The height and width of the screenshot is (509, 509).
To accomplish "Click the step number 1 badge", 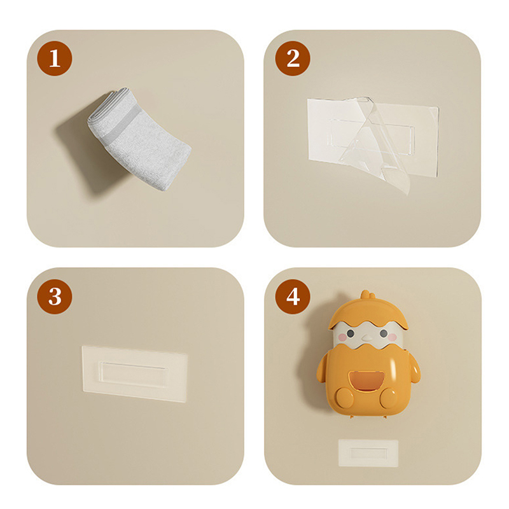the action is (x=55, y=59).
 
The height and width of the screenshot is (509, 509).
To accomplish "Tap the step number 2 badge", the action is (x=293, y=59).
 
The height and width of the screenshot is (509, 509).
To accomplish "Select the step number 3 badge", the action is (x=55, y=296).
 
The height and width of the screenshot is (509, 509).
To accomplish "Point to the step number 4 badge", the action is (x=293, y=296).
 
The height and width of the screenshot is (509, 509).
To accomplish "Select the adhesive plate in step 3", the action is (x=134, y=374).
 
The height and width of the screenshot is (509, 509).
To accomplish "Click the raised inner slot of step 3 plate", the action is (x=134, y=374).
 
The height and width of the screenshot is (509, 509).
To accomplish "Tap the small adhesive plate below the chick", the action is (x=368, y=453).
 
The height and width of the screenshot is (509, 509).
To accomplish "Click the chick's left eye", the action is (x=351, y=333).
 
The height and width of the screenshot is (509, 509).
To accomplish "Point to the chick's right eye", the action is (x=384, y=333).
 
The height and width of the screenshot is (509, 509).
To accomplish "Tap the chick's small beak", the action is (x=367, y=338).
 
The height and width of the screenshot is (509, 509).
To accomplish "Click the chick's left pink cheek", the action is (x=342, y=338).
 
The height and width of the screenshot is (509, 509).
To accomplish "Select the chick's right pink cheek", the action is (x=392, y=337).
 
